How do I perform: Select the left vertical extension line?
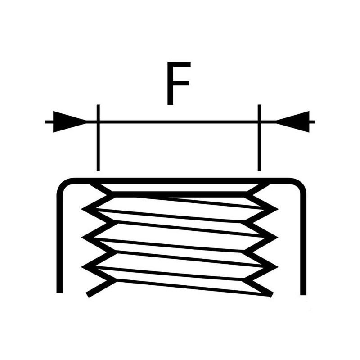pos(97,148)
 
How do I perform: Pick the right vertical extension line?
pos(259,148)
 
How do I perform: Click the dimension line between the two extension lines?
pos(178,121)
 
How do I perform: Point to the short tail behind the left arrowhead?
pos(49,121)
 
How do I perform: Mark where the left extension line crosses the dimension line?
pos(97,121)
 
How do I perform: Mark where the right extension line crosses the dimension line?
pos(259,121)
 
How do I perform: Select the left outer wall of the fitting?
pos(58,243)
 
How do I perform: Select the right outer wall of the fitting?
pos(301,243)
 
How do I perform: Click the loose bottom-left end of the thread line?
pos(89,295)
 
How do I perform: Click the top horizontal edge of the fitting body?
pos(180,180)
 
